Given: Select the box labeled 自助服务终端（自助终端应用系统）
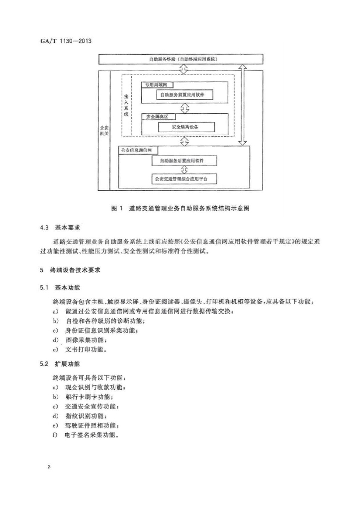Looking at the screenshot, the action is point(180,59).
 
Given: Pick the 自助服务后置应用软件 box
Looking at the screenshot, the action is point(184,161).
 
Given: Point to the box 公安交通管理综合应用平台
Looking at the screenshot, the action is point(184,178).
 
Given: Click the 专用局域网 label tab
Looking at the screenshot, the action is point(157,85).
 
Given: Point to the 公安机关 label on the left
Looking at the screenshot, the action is point(104,131).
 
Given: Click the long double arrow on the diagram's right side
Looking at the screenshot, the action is point(243,104).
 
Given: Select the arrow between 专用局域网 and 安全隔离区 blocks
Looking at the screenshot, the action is point(184,108).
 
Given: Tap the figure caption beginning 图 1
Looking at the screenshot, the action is point(180,208).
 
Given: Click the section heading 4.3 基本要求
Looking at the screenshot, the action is point(60,228).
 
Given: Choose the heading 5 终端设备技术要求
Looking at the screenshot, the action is point(70,270).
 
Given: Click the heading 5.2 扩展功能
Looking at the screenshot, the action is point(60,364).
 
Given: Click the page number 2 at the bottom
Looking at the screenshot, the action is point(49,467).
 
